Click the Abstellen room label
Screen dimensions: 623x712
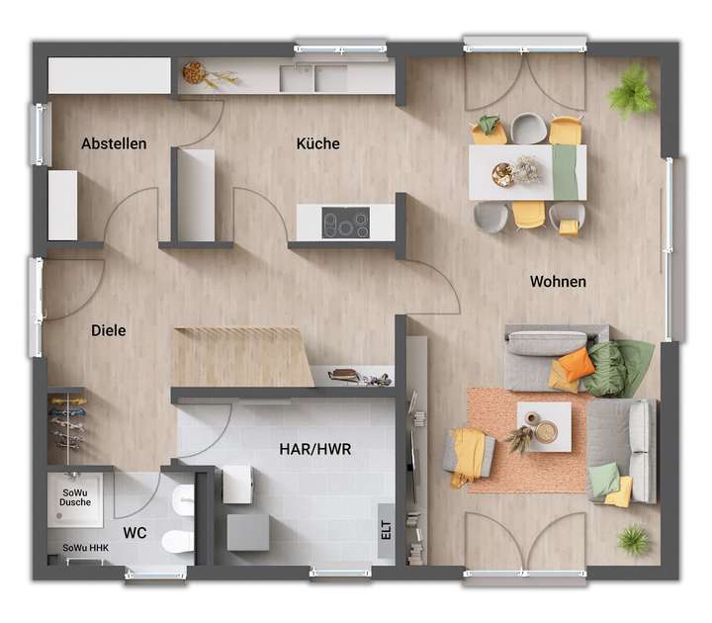click(x=114, y=143)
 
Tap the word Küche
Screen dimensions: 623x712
click(x=317, y=143)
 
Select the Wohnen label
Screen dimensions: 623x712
click(x=558, y=282)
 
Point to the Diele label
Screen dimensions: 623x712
click(x=108, y=330)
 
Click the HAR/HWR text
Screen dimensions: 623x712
click(x=315, y=449)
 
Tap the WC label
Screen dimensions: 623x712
click(x=134, y=533)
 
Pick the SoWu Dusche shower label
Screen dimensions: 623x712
click(x=76, y=495)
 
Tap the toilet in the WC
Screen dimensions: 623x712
click(x=179, y=540)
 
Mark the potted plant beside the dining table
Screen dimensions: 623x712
click(x=631, y=92)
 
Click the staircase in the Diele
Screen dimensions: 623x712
click(x=242, y=356)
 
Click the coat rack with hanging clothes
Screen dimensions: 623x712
click(x=66, y=421)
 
